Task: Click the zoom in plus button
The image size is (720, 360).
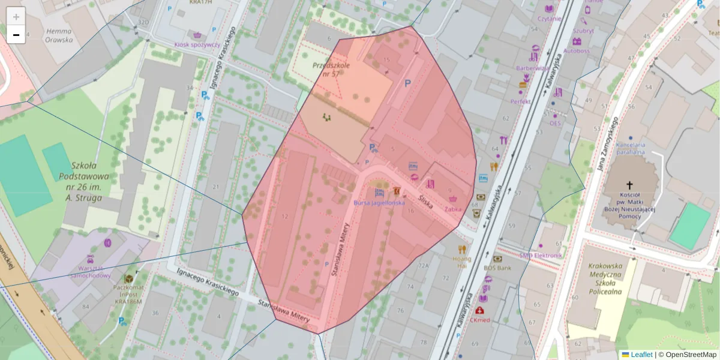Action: click(16, 17)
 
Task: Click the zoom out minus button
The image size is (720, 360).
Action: click(16, 35)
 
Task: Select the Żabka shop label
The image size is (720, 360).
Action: click(453, 209)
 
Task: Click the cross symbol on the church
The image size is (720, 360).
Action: click(629, 185)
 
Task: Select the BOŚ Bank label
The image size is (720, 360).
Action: click(497, 268)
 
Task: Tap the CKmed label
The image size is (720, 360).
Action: click(480, 320)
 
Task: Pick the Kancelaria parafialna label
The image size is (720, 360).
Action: click(629, 148)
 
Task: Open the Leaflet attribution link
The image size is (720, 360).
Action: click(641, 355)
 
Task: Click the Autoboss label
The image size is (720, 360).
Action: click(576, 51)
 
